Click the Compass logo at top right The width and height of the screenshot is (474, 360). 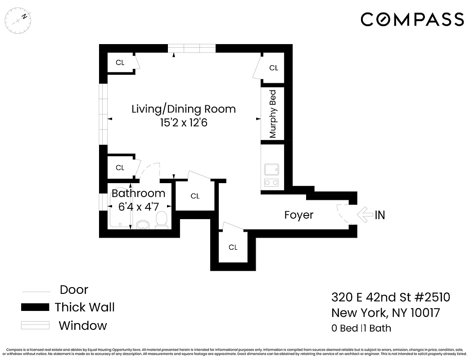click(x=412, y=19)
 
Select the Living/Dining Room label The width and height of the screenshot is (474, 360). click(x=183, y=109)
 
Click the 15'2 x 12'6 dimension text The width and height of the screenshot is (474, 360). click(x=183, y=123)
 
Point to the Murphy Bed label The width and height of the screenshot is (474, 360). click(x=272, y=114)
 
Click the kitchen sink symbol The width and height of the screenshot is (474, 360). click(x=271, y=170)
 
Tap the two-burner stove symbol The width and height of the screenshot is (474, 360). click(x=271, y=182)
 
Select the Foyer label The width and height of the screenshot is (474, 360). click(x=298, y=215)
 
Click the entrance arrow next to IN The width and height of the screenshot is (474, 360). click(x=364, y=215)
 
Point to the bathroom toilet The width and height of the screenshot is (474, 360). click(x=161, y=220)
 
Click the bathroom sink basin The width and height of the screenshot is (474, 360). click(x=143, y=224)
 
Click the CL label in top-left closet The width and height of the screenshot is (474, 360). click(x=120, y=63)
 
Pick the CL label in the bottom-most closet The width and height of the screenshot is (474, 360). click(x=233, y=247)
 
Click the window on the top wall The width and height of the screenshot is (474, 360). click(x=192, y=48)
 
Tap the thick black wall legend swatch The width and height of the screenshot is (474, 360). click(x=35, y=307)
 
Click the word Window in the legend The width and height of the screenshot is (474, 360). click(x=83, y=325)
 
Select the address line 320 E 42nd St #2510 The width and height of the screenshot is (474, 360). click(x=390, y=297)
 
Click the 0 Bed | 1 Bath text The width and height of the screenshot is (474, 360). click(x=361, y=328)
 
